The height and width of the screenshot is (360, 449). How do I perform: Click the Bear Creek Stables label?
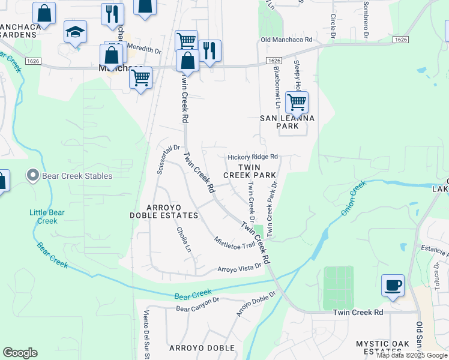77,176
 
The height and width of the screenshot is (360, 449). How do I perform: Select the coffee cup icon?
393,286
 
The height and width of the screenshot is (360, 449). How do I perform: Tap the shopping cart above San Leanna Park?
297,103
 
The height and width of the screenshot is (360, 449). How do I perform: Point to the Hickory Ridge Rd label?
253,157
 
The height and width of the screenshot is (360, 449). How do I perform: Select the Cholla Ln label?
184,239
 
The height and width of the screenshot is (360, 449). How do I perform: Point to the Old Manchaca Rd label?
287,40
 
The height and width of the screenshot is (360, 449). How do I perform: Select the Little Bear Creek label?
44,217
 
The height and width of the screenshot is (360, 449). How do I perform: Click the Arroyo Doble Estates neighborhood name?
164,211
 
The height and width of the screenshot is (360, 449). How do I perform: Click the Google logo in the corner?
20,353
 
